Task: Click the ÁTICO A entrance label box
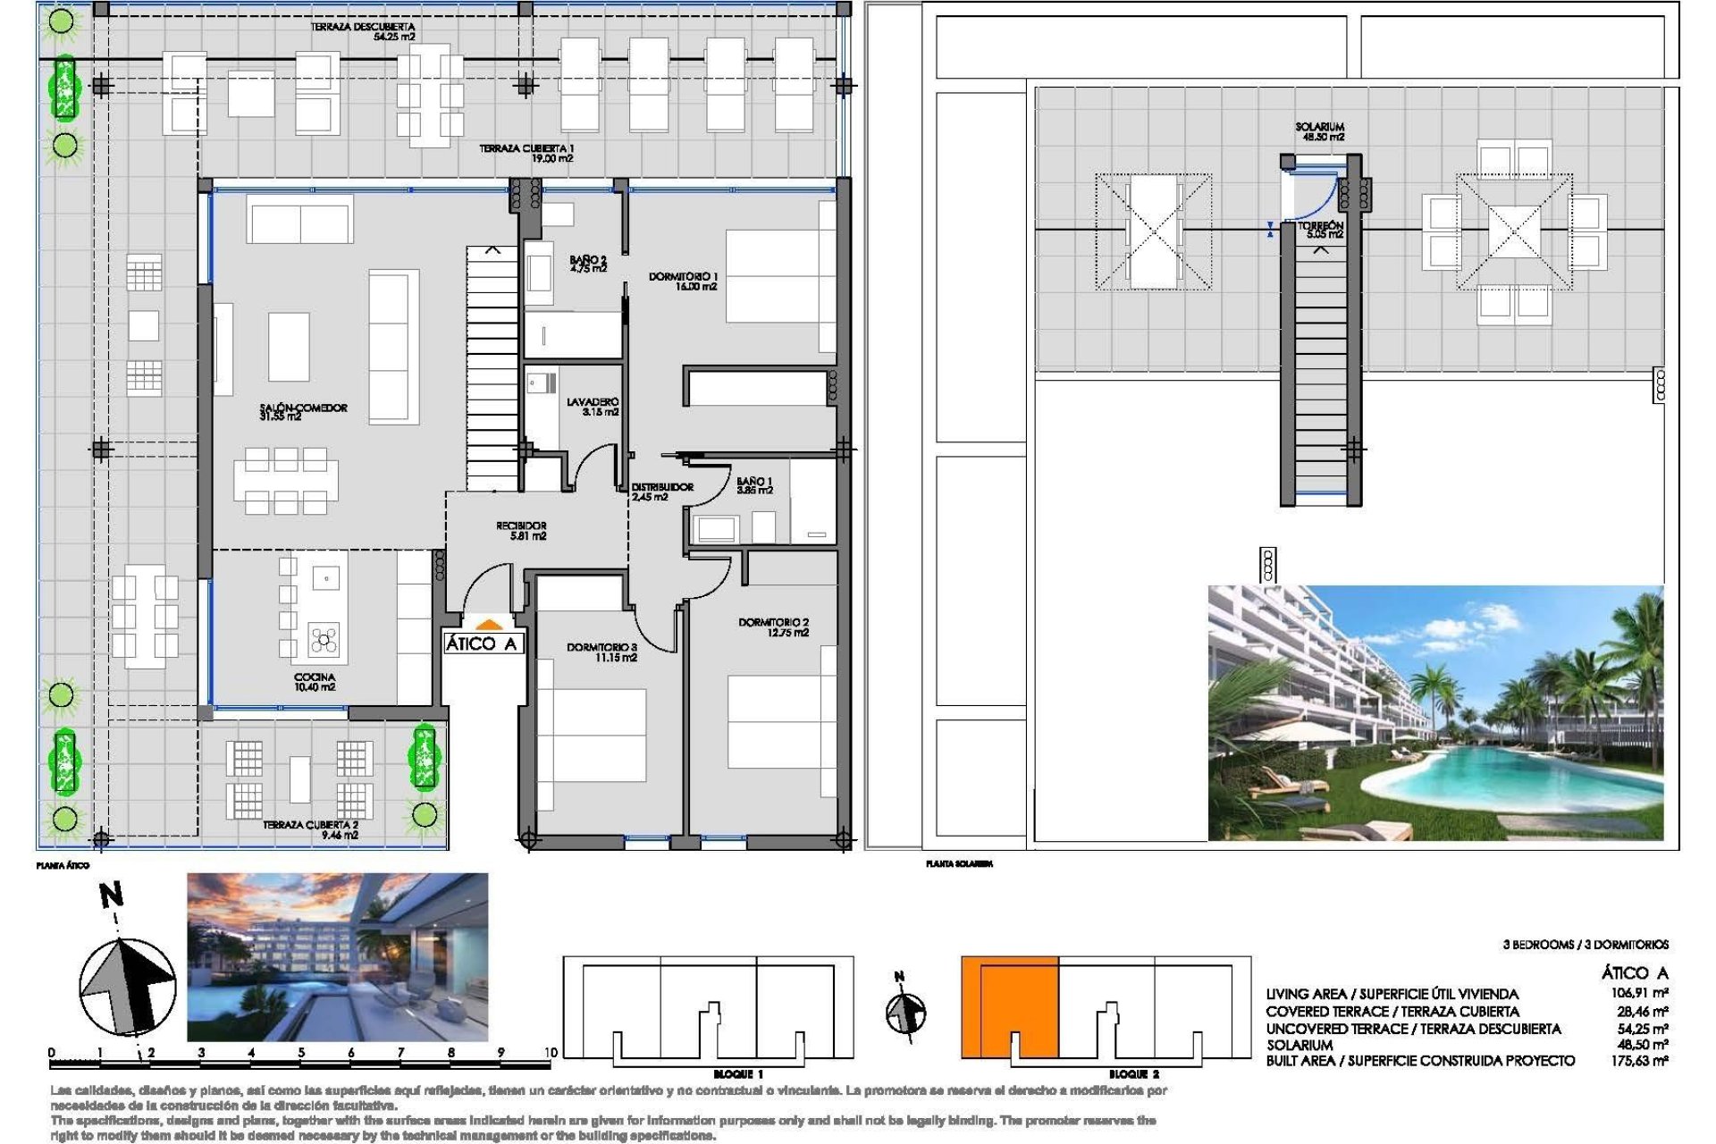coord(482,643)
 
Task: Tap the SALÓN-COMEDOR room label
coord(303,411)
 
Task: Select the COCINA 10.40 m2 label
coord(315,682)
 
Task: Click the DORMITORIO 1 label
coord(683,281)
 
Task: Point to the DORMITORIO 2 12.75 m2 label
coord(773,627)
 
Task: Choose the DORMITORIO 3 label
coord(601,652)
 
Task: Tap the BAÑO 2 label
coord(587,264)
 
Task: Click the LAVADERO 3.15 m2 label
coord(592,407)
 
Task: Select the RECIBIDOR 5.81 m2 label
coord(521,531)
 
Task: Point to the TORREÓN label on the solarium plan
coord(1321,230)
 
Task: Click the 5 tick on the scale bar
coord(301,1053)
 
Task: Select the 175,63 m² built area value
coord(1639,1061)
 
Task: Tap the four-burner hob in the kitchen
coord(324,639)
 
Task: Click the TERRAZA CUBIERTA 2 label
coord(310,829)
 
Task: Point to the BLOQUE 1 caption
coord(737,1073)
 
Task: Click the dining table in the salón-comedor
coord(286,481)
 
